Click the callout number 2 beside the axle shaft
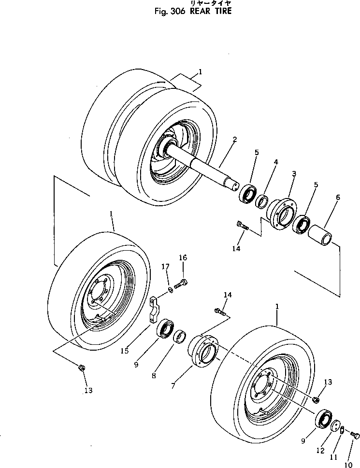coord(234,140)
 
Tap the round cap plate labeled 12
coord(334,426)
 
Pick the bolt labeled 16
coord(181,285)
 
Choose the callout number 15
coord(125,351)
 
